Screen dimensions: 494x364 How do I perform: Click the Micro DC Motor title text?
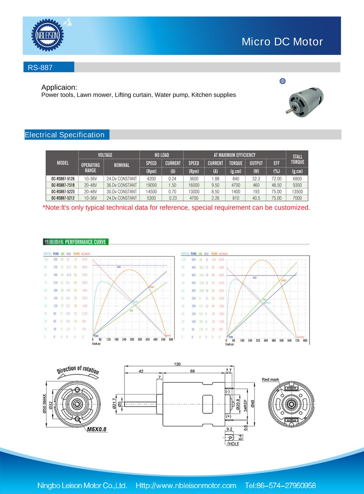click(282, 42)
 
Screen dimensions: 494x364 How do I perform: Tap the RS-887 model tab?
click(40, 68)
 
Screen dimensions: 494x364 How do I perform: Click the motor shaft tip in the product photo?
click(287, 112)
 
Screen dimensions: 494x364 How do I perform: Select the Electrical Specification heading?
click(65, 135)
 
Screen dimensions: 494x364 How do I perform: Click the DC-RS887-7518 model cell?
click(63, 185)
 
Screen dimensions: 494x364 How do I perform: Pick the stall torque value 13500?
click(297, 192)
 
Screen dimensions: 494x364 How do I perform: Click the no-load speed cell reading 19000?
click(151, 185)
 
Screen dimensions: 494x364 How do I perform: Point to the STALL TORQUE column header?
click(297, 159)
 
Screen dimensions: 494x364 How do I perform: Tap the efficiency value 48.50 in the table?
click(276, 185)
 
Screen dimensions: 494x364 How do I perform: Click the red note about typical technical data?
click(176, 208)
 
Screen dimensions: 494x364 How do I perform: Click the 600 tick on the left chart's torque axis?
click(171, 339)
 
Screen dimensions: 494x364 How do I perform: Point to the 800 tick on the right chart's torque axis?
click(305, 341)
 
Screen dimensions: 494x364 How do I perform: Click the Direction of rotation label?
click(78, 370)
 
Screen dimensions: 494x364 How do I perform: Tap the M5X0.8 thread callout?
click(97, 429)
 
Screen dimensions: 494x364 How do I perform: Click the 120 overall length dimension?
click(177, 364)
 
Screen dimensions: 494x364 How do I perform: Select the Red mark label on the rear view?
click(270, 380)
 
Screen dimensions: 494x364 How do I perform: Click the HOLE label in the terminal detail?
click(234, 444)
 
